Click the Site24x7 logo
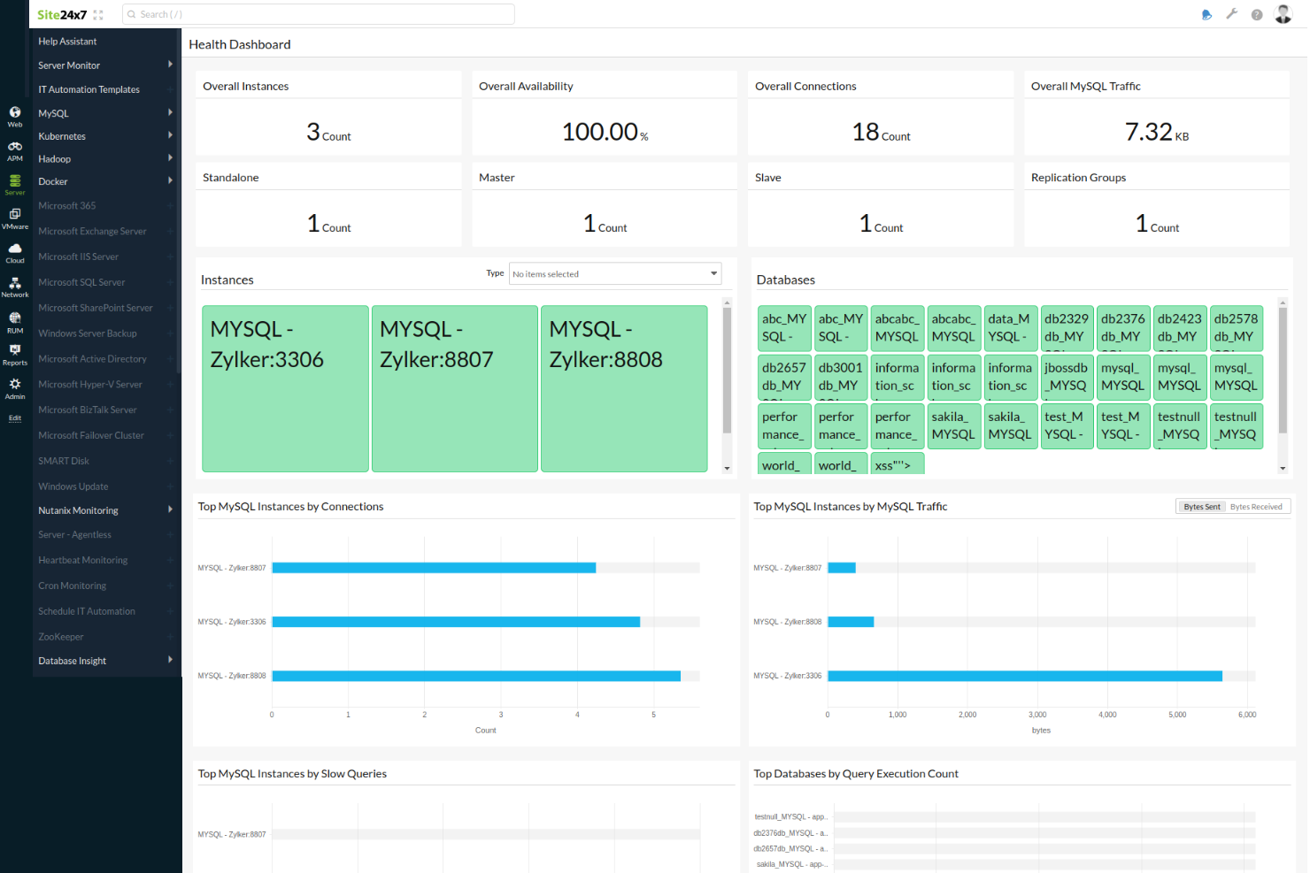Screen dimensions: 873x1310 [61, 14]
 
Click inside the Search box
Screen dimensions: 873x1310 [319, 14]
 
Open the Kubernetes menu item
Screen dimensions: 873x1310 [62, 136]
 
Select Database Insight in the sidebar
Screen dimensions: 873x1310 [73, 661]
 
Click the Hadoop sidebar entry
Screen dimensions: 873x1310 [55, 159]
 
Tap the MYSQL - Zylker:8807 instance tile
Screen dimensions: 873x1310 [454, 388]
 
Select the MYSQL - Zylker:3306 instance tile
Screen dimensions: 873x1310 [285, 388]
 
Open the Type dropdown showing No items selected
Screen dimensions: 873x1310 [615, 274]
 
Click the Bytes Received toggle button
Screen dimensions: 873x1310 [1256, 507]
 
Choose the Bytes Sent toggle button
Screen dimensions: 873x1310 [1201, 507]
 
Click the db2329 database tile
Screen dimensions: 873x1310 [1066, 328]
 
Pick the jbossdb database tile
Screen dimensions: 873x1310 [1066, 377]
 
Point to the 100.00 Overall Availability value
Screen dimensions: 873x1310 [601, 132]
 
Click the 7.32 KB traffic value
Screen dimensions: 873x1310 [1150, 132]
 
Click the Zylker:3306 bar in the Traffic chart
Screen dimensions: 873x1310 [1024, 676]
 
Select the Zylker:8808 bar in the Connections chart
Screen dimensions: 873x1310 [476, 676]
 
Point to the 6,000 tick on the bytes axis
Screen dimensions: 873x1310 [1246, 715]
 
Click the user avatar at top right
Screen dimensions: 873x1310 [1283, 14]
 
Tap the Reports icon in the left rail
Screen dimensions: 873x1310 [15, 354]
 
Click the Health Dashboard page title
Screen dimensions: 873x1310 [240, 44]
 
